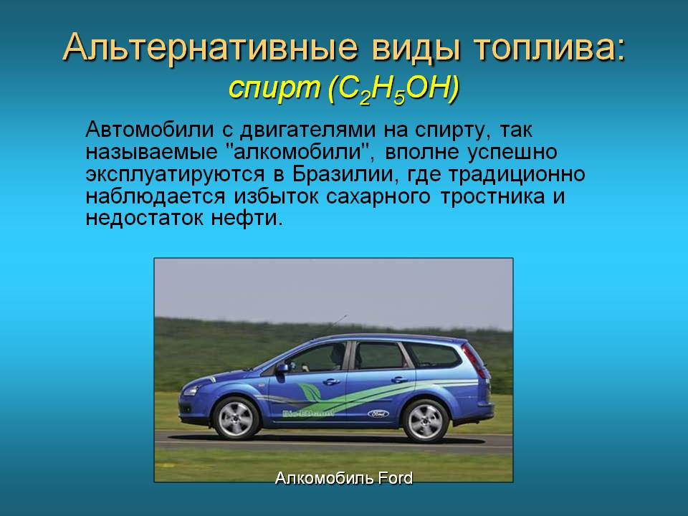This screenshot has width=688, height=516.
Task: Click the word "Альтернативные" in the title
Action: point(186,47)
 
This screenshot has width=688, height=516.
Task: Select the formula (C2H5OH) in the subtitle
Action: point(392,89)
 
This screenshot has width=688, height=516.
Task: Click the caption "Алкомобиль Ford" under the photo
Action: point(344,478)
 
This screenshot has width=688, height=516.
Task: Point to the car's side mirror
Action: point(282,368)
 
